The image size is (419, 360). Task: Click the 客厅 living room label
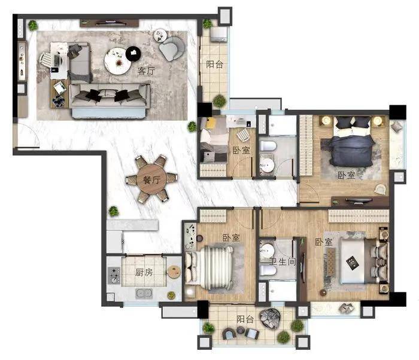[146, 71]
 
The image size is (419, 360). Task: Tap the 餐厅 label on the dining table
[152, 180]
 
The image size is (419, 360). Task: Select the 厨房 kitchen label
[144, 273]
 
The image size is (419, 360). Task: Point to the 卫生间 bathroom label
[282, 262]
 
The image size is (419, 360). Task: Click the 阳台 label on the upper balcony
[214, 65]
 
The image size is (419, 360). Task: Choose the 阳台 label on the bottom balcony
[245, 319]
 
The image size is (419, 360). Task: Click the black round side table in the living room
[133, 53]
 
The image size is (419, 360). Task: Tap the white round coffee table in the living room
[117, 62]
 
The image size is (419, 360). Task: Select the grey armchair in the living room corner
[172, 48]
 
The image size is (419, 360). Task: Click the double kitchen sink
[144, 293]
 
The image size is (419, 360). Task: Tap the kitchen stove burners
[114, 275]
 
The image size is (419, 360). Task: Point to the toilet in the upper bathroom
[268, 146]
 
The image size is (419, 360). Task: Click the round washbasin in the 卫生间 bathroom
[267, 251]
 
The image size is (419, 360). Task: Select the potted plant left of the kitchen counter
[114, 211]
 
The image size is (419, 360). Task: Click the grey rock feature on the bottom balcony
[270, 318]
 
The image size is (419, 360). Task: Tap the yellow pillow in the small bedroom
[211, 123]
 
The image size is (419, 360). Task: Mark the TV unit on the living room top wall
[110, 23]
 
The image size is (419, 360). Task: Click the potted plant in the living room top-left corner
[33, 26]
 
